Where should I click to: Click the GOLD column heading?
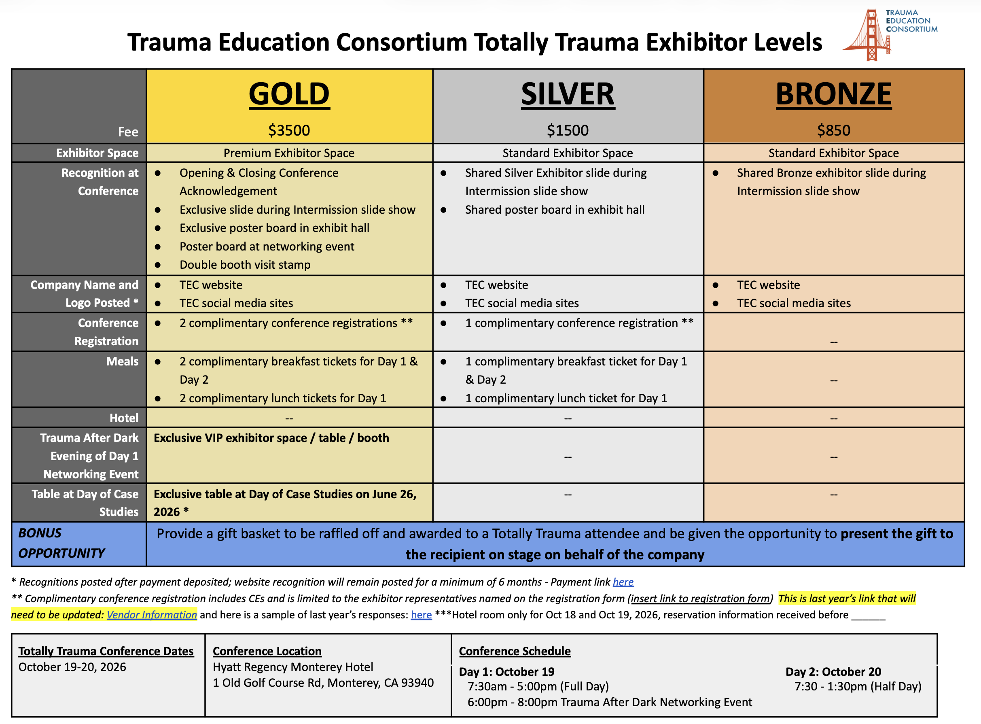click(x=289, y=94)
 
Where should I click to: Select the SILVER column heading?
click(x=568, y=94)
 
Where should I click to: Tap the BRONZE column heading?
click(x=833, y=94)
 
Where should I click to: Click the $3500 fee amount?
click(x=289, y=130)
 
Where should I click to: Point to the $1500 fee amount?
click(x=568, y=130)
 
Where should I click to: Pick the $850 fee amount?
click(x=833, y=130)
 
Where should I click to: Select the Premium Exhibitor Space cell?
click(x=289, y=153)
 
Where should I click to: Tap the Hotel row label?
click(x=124, y=418)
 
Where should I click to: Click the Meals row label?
click(x=122, y=361)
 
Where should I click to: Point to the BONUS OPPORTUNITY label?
click(x=61, y=543)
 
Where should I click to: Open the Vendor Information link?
click(x=152, y=615)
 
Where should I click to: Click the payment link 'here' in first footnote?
click(x=623, y=582)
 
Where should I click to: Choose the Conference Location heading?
click(x=267, y=651)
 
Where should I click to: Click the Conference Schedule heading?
click(x=515, y=651)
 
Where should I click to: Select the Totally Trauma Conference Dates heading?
click(x=106, y=651)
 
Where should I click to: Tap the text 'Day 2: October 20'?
click(x=833, y=672)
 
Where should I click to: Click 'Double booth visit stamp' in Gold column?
click(x=244, y=265)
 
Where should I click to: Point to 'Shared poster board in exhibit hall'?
click(x=554, y=210)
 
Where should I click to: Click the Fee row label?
click(x=128, y=132)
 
